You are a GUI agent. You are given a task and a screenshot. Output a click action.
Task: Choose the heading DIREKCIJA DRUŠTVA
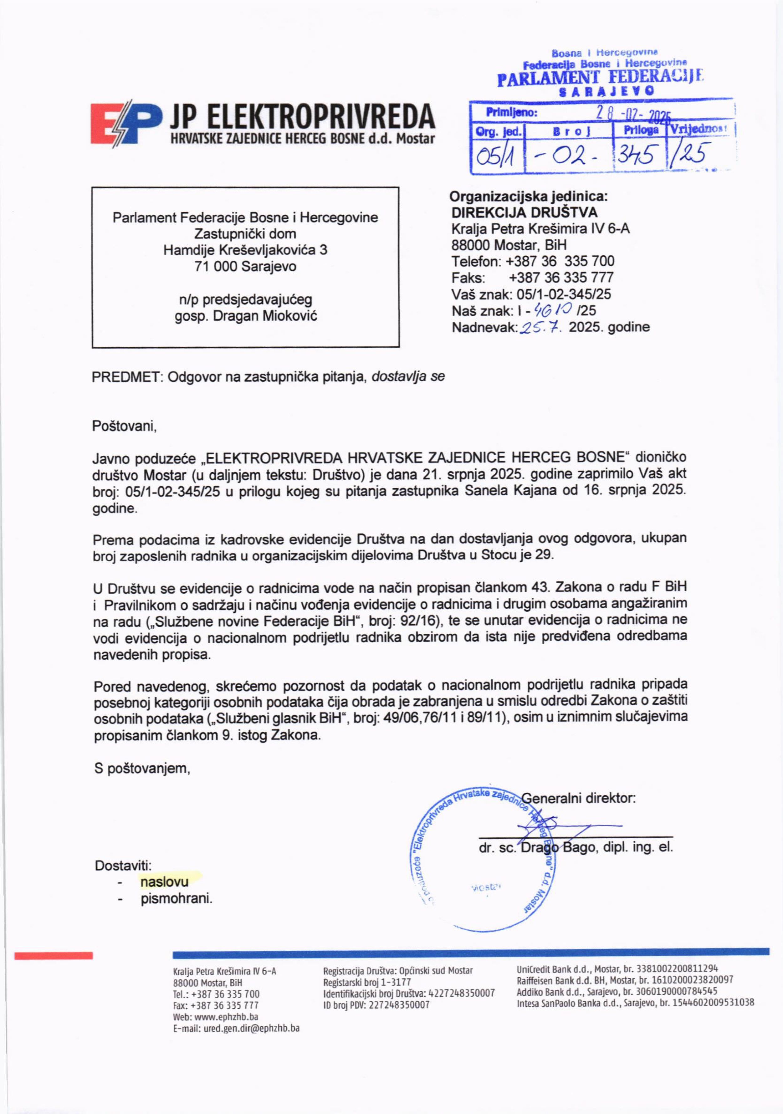(x=525, y=212)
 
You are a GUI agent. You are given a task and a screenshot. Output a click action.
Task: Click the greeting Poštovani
(x=124, y=427)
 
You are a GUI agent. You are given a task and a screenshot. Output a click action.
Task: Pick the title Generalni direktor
(x=578, y=798)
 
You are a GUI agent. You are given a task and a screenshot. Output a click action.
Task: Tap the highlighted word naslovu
(x=165, y=881)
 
